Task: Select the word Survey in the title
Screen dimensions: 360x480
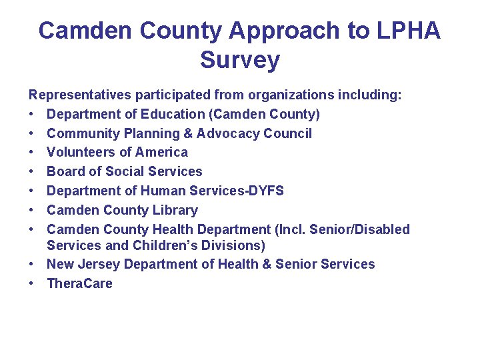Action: coord(240,60)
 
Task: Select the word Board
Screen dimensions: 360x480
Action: coord(65,171)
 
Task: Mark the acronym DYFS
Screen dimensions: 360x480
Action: coord(264,191)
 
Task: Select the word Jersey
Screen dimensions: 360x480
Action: coord(100,264)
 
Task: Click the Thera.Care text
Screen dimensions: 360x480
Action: coord(79,283)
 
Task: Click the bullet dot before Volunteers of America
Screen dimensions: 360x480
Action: coord(33,153)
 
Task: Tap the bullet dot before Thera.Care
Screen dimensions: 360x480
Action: coord(33,283)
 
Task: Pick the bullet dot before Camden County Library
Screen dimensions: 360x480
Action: coord(33,211)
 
